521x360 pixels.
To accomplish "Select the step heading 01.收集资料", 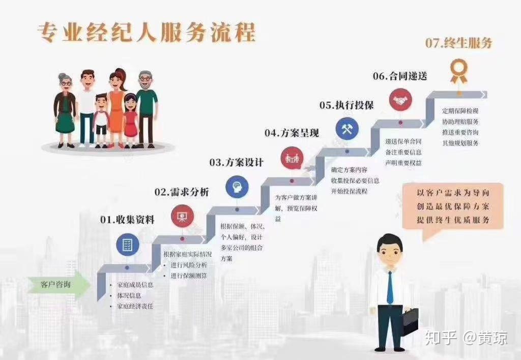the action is coord(127,220).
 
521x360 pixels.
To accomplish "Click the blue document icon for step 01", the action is coord(128,245).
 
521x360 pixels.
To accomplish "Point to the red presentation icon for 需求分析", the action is coord(181,216).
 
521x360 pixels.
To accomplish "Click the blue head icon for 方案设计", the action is coord(237,187).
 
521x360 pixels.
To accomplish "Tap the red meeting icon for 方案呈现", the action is coord(292,158).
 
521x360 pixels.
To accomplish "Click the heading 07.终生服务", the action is coord(459,43).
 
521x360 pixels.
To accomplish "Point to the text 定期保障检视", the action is coord(460,111).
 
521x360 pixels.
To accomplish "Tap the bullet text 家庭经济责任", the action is coord(135,306).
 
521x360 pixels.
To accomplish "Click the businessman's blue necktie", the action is coord(390,287).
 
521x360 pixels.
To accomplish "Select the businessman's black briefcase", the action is coord(410,322).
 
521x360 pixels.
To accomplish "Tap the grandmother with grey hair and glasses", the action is coord(65,109).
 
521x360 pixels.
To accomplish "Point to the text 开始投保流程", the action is coord(349,191).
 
